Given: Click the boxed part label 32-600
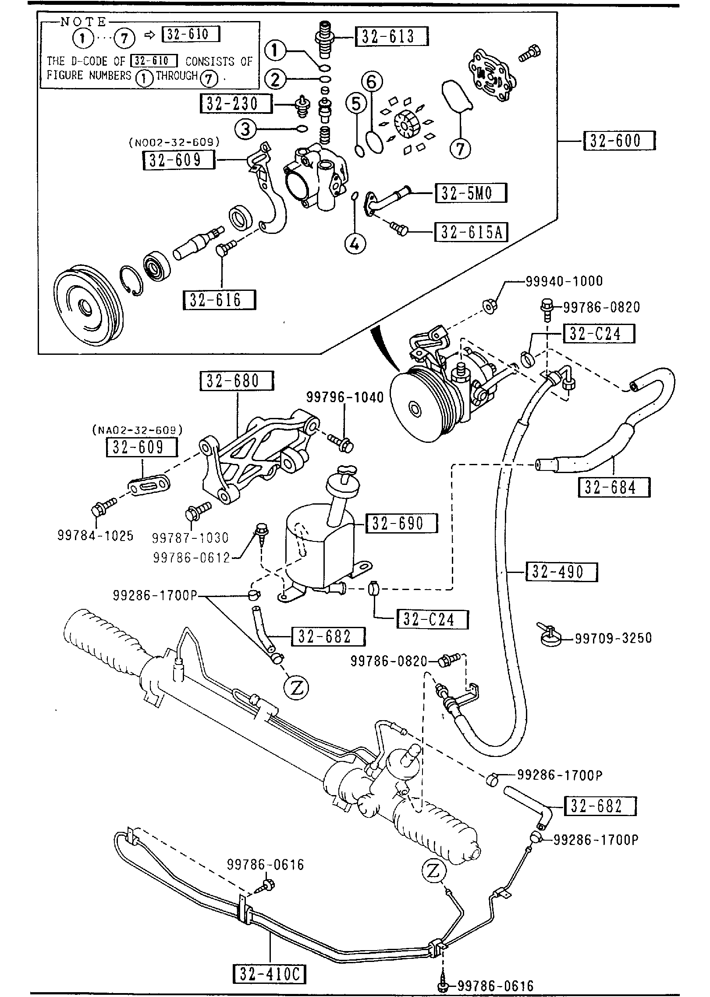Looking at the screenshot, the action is click(x=619, y=141).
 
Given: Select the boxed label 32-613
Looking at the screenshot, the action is click(x=392, y=36).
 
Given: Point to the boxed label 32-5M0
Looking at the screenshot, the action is click(x=471, y=193).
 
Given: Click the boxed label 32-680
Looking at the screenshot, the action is click(x=237, y=381).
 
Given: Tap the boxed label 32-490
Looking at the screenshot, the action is click(x=561, y=572).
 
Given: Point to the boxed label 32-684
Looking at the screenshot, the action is click(x=614, y=487).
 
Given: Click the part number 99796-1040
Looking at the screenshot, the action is click(x=345, y=397).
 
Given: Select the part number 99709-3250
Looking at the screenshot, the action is click(x=613, y=638).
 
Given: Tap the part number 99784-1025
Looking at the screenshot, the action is click(x=96, y=535).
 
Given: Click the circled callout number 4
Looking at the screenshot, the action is click(x=355, y=244).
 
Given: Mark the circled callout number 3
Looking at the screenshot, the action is click(x=245, y=129).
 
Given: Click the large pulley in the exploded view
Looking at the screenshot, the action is click(x=89, y=305).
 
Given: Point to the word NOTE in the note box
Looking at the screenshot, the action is click(x=83, y=22).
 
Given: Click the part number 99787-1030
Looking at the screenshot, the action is click(x=191, y=537).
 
